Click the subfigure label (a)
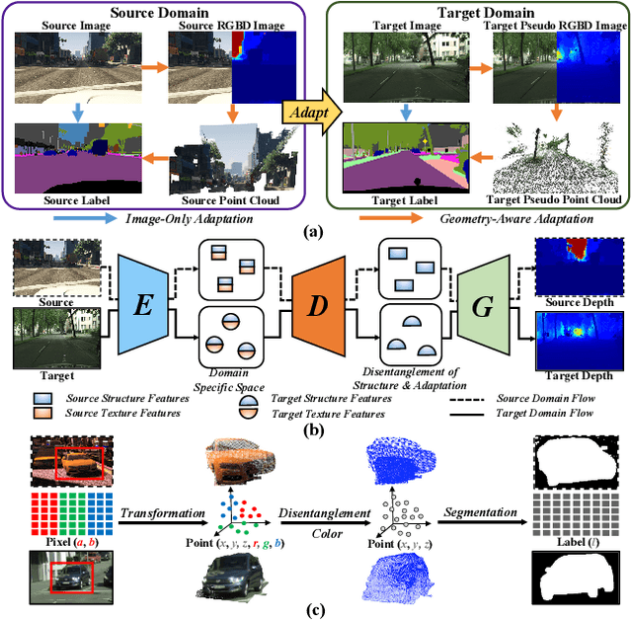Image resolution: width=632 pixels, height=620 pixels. [315, 229]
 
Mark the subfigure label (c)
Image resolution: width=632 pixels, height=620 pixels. [315, 609]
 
